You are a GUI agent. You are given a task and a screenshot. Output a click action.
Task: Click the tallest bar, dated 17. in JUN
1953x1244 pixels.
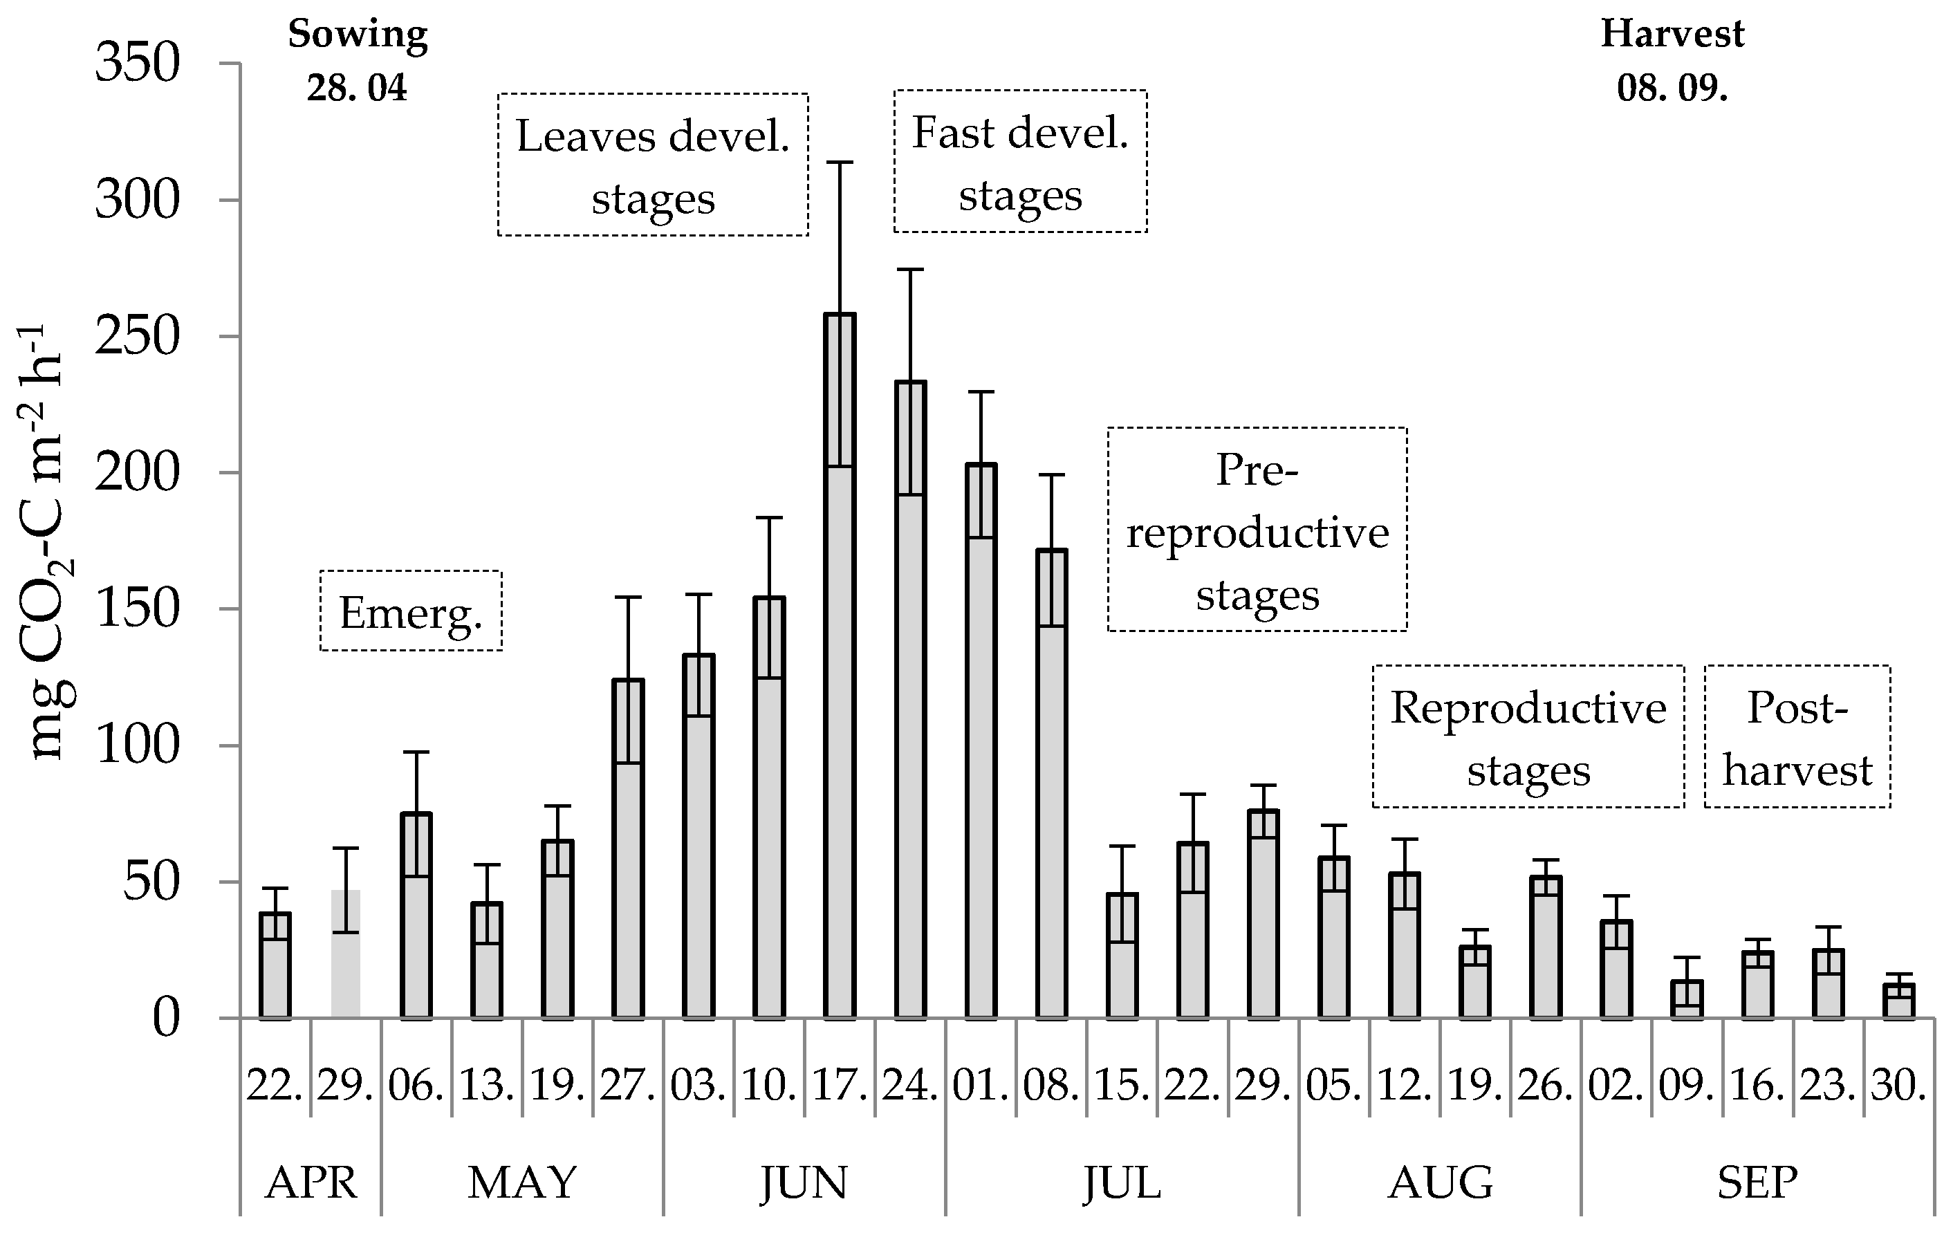coord(840,665)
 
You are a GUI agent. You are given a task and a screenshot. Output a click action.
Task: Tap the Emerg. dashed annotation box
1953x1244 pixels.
coord(411,611)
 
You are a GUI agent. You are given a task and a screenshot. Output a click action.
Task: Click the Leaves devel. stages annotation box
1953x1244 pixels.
coord(653,165)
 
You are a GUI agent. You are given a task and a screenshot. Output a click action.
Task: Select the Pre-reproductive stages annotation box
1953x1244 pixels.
coord(1257,530)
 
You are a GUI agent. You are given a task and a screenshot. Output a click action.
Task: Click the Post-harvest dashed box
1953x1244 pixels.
coord(1797,736)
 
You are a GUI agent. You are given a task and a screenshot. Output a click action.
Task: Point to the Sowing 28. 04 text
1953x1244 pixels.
coord(357,60)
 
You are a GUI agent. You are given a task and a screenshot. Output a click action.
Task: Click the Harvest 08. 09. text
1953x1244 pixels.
coord(1672,60)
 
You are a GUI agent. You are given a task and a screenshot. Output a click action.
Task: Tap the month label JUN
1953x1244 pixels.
coord(804,1182)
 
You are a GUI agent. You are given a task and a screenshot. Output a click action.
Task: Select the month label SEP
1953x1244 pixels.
coord(1757,1182)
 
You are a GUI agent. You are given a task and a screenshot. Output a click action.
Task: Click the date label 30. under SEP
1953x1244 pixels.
coord(1898,1085)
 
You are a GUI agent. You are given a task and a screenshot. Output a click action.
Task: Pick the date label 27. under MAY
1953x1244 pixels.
coord(627,1085)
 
